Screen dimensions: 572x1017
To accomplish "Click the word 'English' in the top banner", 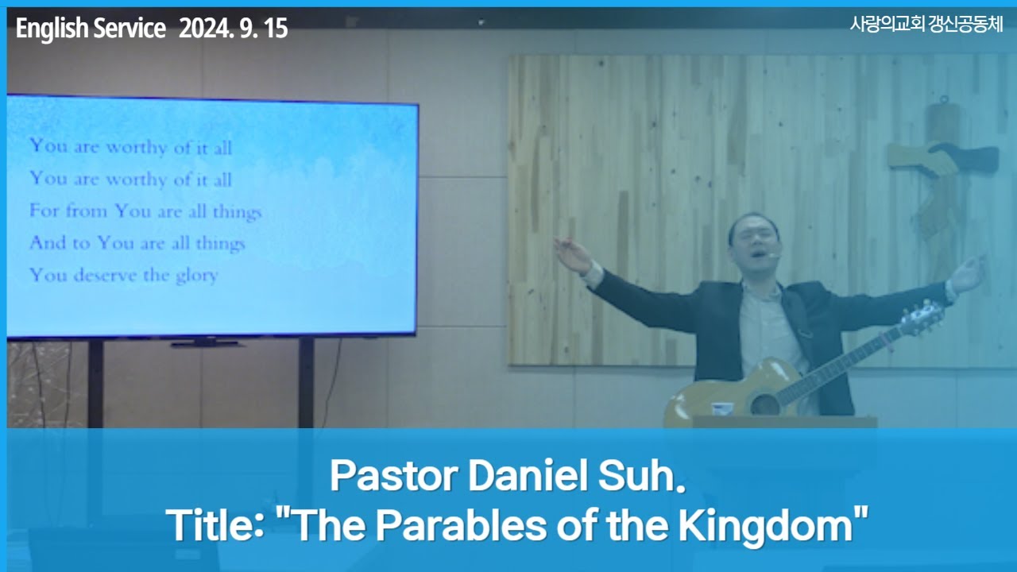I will point(52,29).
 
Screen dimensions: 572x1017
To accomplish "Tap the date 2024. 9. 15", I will point(233,29).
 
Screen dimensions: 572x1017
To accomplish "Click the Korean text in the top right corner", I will point(926,25).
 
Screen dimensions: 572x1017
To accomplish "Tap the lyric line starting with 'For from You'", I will point(145,212).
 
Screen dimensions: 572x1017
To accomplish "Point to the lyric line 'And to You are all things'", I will point(137,244).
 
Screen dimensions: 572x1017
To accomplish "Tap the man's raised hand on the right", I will point(967,274).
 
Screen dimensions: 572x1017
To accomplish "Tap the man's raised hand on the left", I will point(571,254).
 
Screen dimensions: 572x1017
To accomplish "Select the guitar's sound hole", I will point(764,404).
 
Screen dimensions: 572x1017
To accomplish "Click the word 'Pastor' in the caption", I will point(392,477).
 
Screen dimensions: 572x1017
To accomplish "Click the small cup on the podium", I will point(721,408).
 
